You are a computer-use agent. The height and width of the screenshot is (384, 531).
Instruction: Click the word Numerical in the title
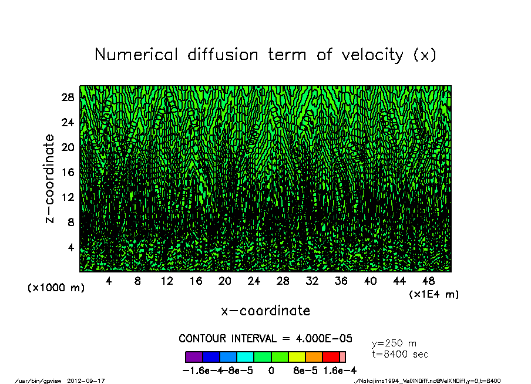pos(135,55)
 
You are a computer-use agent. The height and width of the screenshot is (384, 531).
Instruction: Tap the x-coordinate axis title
pos(265,311)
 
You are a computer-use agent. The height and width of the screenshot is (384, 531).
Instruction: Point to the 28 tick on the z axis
pos(68,97)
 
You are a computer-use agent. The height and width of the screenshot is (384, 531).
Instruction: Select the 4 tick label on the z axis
pos(71,247)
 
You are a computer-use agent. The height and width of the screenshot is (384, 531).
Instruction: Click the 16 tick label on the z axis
pos(68,172)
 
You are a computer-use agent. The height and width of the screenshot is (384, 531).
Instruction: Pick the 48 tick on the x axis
pos(428,281)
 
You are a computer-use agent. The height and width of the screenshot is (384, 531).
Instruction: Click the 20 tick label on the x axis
pos(225,281)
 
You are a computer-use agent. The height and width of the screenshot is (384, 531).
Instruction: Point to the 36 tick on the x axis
pos(341,281)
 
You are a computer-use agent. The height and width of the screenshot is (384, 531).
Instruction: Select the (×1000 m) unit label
pos(52,288)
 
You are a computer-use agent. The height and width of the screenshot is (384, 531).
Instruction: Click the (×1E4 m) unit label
pos(434,294)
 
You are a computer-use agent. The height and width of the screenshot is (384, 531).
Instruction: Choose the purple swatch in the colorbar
pos(194,357)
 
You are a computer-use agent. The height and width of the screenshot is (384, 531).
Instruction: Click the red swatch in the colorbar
pos(331,357)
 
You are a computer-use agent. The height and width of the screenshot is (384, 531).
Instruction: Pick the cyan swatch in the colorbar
pos(245,357)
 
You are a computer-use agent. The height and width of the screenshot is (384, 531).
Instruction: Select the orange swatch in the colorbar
pos(314,357)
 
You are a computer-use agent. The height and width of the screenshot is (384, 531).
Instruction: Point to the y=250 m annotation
pos(394,343)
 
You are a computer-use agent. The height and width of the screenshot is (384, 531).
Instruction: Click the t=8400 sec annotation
pos(401,354)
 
